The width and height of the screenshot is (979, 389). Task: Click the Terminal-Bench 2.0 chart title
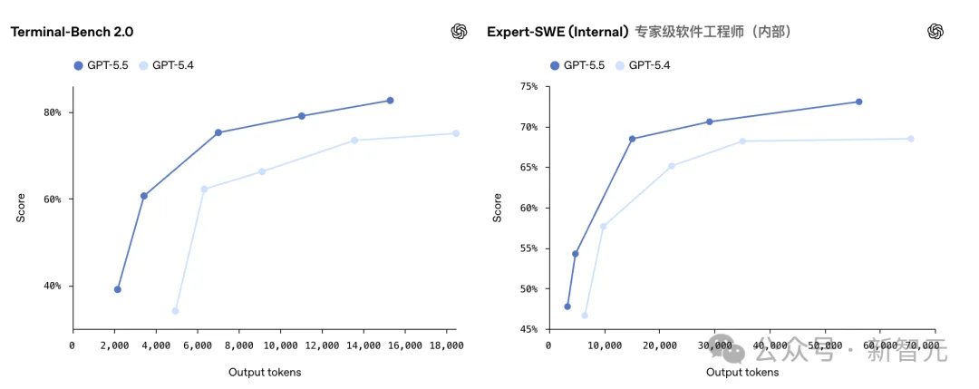[72, 32]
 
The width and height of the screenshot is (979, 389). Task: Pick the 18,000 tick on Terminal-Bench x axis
[446, 345]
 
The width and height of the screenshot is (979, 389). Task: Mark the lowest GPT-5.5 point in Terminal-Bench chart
[118, 289]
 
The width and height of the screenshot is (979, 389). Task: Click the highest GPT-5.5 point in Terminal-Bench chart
[390, 101]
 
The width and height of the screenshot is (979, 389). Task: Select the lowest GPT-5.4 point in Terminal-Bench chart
[176, 311]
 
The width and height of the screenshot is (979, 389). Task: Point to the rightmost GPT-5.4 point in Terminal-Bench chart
[456, 133]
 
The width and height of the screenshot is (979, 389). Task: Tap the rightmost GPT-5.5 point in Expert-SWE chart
[858, 102]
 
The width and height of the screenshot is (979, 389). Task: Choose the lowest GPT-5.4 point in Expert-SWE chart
[585, 316]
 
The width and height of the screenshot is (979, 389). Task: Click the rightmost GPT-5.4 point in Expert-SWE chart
[911, 139]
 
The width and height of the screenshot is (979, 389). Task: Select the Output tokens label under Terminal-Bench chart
[265, 372]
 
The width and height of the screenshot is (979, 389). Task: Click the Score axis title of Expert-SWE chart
[497, 208]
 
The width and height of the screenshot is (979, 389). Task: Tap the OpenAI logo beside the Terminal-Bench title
[459, 32]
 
